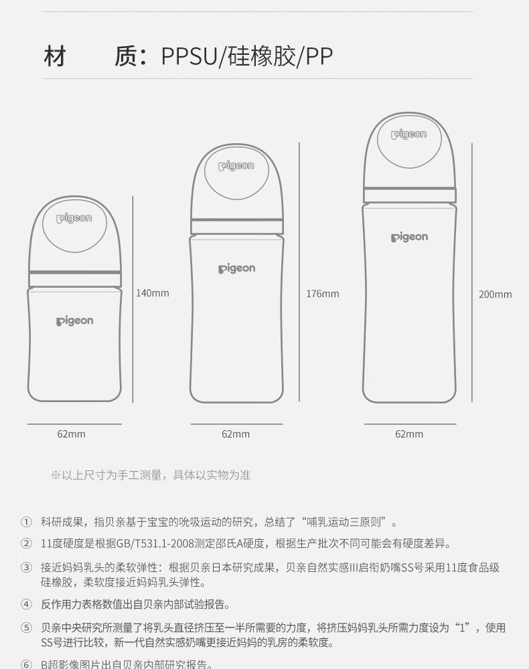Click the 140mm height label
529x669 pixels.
(153, 293)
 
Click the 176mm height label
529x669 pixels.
(323, 294)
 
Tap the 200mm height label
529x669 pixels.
(495, 294)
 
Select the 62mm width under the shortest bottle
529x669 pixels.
(71, 434)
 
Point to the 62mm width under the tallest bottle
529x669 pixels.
(409, 434)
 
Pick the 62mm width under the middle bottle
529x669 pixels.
(236, 434)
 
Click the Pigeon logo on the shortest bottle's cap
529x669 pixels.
(74, 219)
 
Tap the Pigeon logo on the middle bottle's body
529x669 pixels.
(236, 269)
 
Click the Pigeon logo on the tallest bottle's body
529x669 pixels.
(409, 237)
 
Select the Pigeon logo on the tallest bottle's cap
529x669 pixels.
(408, 135)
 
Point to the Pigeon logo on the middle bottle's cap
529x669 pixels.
(236, 167)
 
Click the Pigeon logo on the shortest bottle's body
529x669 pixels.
(74, 321)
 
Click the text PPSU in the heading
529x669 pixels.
(190, 57)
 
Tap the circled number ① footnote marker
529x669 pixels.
(26, 522)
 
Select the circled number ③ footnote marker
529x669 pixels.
(26, 568)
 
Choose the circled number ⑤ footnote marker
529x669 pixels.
(26, 628)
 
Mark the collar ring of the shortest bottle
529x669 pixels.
(74, 279)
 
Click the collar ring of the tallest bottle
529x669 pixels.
(410, 195)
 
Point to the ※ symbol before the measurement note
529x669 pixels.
(56, 476)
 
